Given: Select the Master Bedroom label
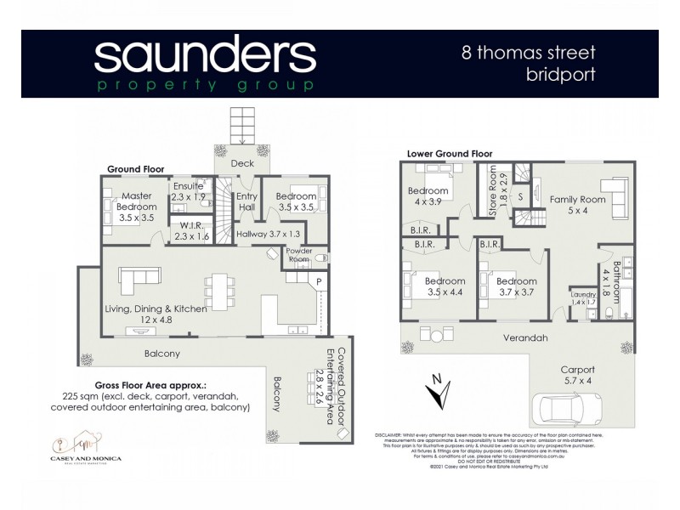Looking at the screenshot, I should click(136, 207).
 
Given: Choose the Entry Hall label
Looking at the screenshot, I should click(247, 201).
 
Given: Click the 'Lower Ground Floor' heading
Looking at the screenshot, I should click(450, 154).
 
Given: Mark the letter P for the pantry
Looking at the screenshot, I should click(319, 280).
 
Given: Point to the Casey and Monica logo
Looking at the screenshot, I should click(85, 449).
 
